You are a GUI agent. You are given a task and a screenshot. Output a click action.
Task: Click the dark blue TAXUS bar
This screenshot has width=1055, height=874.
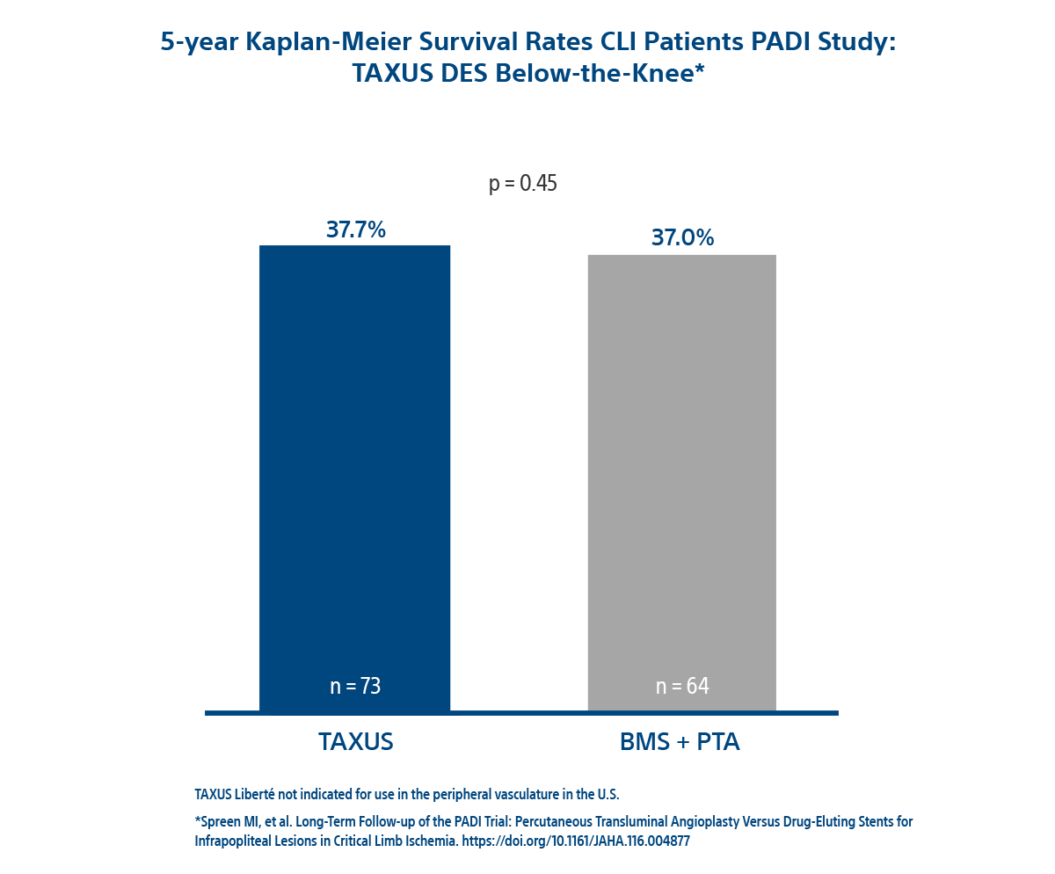tap(389, 475)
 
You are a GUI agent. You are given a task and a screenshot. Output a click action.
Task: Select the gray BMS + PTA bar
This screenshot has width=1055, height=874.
tap(648, 475)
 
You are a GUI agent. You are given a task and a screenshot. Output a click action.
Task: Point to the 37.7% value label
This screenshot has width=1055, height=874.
tap(356, 229)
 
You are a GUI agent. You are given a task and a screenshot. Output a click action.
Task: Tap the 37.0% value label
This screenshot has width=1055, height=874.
tap(682, 237)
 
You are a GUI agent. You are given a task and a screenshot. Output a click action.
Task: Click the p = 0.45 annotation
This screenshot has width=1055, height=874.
tap(523, 184)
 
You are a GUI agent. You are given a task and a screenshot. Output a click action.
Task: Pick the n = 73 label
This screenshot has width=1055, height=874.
tap(355, 687)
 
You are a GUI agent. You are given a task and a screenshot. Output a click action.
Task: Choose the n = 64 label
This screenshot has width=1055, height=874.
tap(682, 687)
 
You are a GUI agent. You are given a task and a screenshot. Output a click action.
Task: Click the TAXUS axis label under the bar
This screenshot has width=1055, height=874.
tap(356, 741)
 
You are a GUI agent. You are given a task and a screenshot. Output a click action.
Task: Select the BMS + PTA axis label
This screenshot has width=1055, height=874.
tap(680, 741)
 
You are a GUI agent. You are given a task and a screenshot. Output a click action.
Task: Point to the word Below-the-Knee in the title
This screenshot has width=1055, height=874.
tap(615, 73)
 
